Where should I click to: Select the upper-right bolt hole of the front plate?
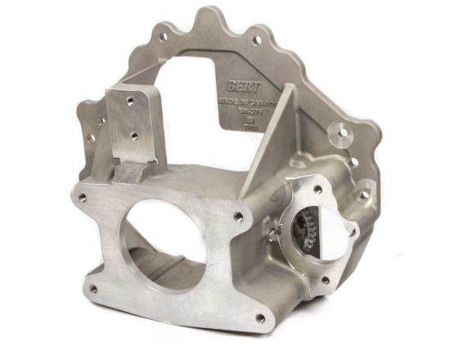click(x=238, y=217)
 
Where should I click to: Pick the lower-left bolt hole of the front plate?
click(x=92, y=288)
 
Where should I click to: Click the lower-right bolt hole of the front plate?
click(x=259, y=319)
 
